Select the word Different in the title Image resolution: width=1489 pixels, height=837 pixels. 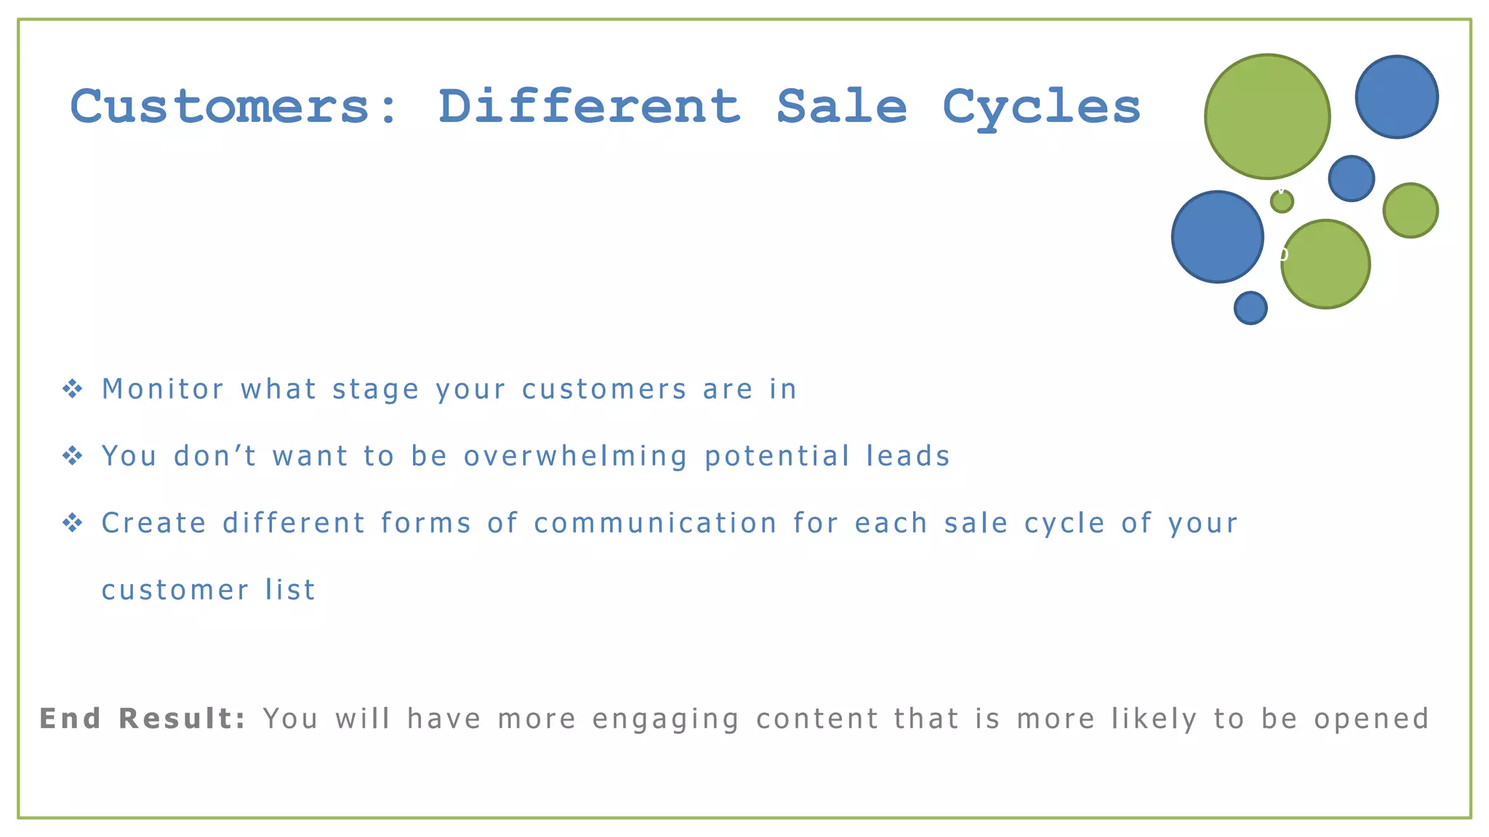pos(589,107)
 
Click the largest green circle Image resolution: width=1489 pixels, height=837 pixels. pos(1267,116)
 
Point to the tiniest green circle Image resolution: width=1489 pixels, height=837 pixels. pos(1282,201)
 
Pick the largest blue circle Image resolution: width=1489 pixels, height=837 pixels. pos(1217,237)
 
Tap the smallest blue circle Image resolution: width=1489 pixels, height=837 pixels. pos(1251,308)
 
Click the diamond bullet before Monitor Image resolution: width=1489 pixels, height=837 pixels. pos(73,389)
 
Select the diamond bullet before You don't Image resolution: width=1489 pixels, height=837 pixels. pos(73,456)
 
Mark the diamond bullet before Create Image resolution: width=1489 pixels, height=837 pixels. pos(73,523)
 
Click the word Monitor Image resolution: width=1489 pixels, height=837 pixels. pos(163,389)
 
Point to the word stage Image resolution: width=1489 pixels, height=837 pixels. pos(376,390)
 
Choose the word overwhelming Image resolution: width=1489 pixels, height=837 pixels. pos(576,457)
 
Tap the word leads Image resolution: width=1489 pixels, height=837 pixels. pos(908,456)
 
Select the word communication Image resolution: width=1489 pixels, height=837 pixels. pos(656,523)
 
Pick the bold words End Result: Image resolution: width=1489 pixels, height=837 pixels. pos(143,719)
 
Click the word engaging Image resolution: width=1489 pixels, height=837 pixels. pos(666,720)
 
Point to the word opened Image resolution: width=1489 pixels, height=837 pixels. pos(1371,719)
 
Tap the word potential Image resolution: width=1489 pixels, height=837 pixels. pos(777,457)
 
